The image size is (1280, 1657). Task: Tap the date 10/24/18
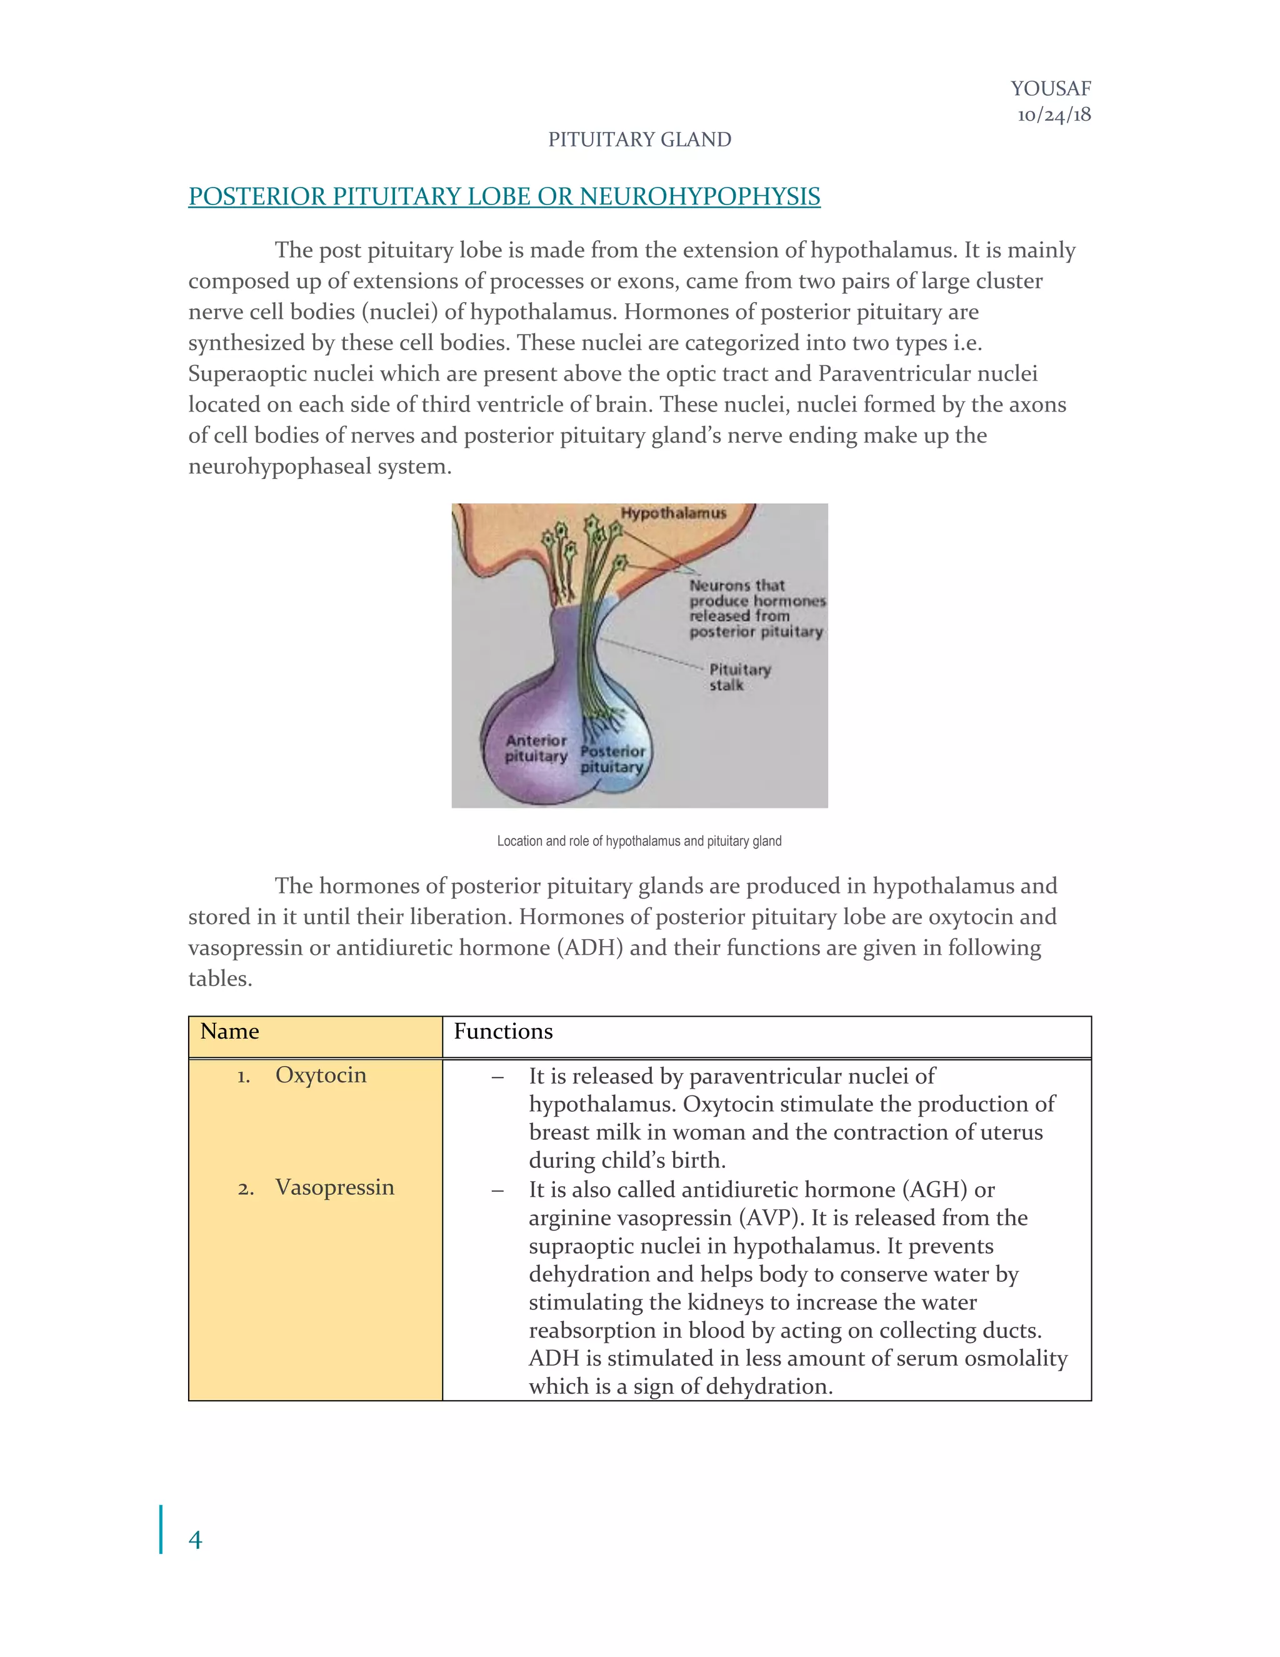point(1054,114)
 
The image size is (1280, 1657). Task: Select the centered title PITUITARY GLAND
point(639,139)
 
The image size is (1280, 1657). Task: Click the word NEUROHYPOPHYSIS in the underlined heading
point(700,196)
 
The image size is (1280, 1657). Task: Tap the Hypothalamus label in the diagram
point(673,513)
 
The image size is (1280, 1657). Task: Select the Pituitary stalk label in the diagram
point(739,677)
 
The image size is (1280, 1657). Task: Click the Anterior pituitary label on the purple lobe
point(536,748)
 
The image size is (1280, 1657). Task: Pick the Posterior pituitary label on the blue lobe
point(612,758)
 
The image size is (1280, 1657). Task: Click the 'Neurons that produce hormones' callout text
point(756,608)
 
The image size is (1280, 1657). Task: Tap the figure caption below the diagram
point(639,840)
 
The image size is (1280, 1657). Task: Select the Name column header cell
point(230,1032)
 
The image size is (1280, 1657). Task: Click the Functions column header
point(504,1032)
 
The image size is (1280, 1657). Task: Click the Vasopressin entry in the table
point(334,1187)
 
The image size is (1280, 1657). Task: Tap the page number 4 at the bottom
point(195,1540)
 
